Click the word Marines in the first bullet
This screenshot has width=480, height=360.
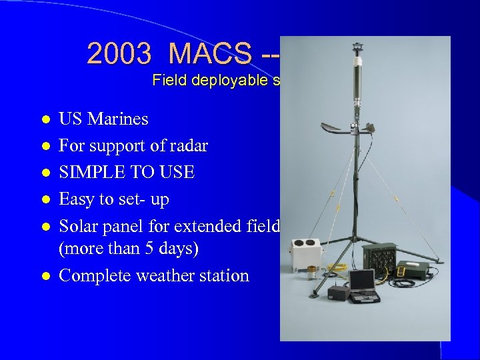click(117, 119)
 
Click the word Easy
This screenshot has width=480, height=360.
click(77, 199)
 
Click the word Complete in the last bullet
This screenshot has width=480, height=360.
click(93, 275)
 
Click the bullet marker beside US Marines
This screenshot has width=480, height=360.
click(45, 119)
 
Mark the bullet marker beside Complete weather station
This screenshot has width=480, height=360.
click(45, 276)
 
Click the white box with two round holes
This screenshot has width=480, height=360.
click(305, 254)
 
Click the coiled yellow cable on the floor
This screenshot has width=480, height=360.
click(337, 268)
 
